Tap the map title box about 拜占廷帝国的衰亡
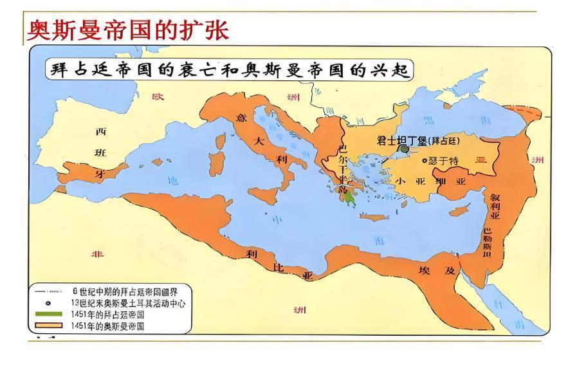(x=228, y=69)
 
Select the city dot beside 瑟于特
(x=425, y=161)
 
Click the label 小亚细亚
(x=427, y=181)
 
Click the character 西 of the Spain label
(x=100, y=132)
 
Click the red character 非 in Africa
(x=98, y=253)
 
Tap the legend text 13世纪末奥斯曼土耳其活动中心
(x=128, y=303)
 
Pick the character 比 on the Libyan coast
(x=278, y=265)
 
